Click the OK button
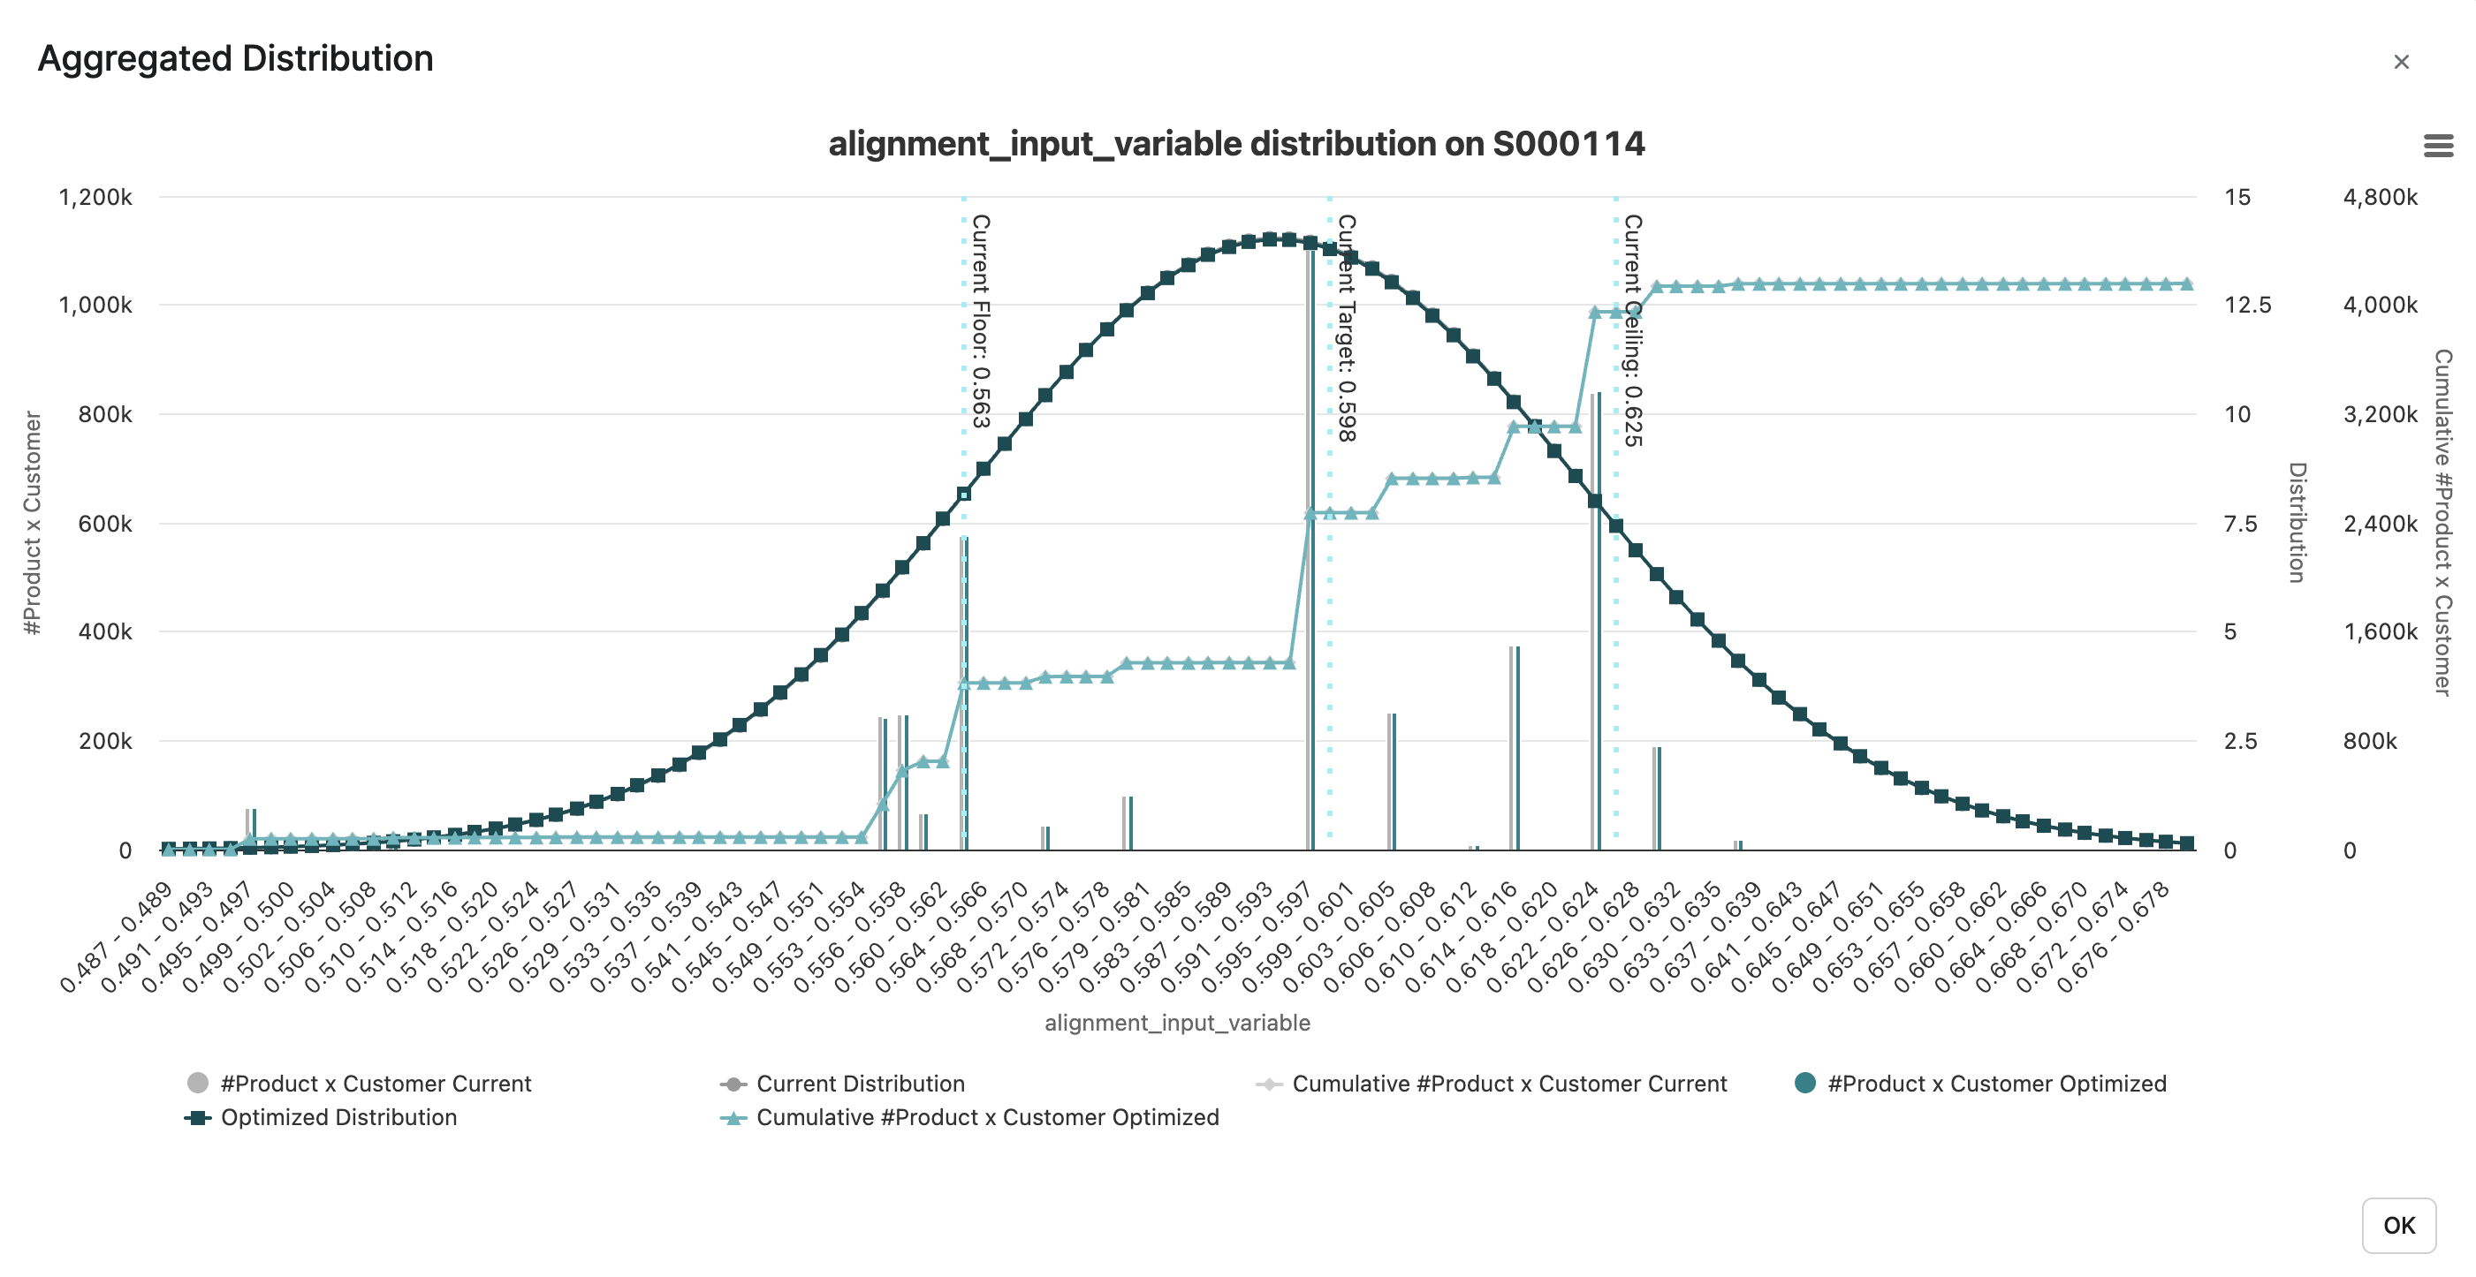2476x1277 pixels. [2398, 1225]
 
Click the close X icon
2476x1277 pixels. [2401, 63]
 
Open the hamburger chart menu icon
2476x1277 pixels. [2437, 146]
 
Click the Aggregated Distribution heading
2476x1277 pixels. [235, 58]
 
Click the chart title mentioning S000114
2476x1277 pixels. [1236, 144]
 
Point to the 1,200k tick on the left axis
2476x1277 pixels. [95, 198]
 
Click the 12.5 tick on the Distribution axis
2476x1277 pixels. [2247, 306]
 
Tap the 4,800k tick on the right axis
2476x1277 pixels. [2380, 198]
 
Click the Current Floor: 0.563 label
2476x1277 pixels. [980, 321]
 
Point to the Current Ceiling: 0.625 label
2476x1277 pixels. [1633, 330]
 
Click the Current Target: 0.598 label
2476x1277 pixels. [1347, 328]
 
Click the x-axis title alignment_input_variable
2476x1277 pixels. [1176, 1023]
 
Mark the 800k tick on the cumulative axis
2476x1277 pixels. [2369, 741]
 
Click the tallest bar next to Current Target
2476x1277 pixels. [1310, 548]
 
